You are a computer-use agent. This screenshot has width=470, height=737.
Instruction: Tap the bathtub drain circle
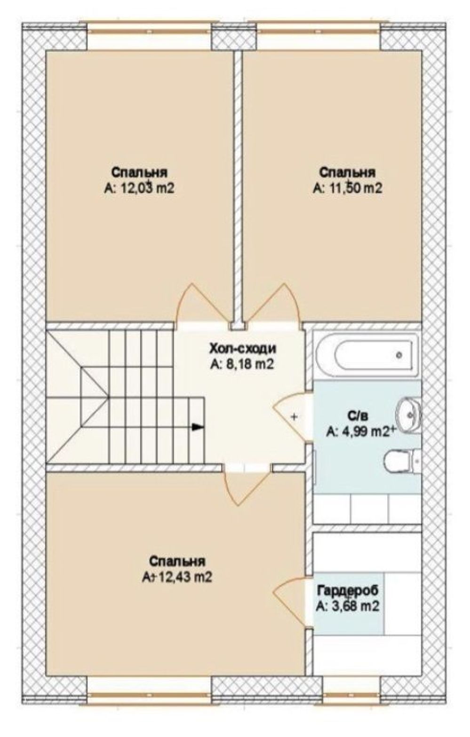pos(400,355)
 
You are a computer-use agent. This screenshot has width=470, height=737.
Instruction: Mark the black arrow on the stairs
pos(196,427)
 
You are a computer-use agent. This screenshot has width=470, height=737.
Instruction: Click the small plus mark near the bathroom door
pos(294,417)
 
